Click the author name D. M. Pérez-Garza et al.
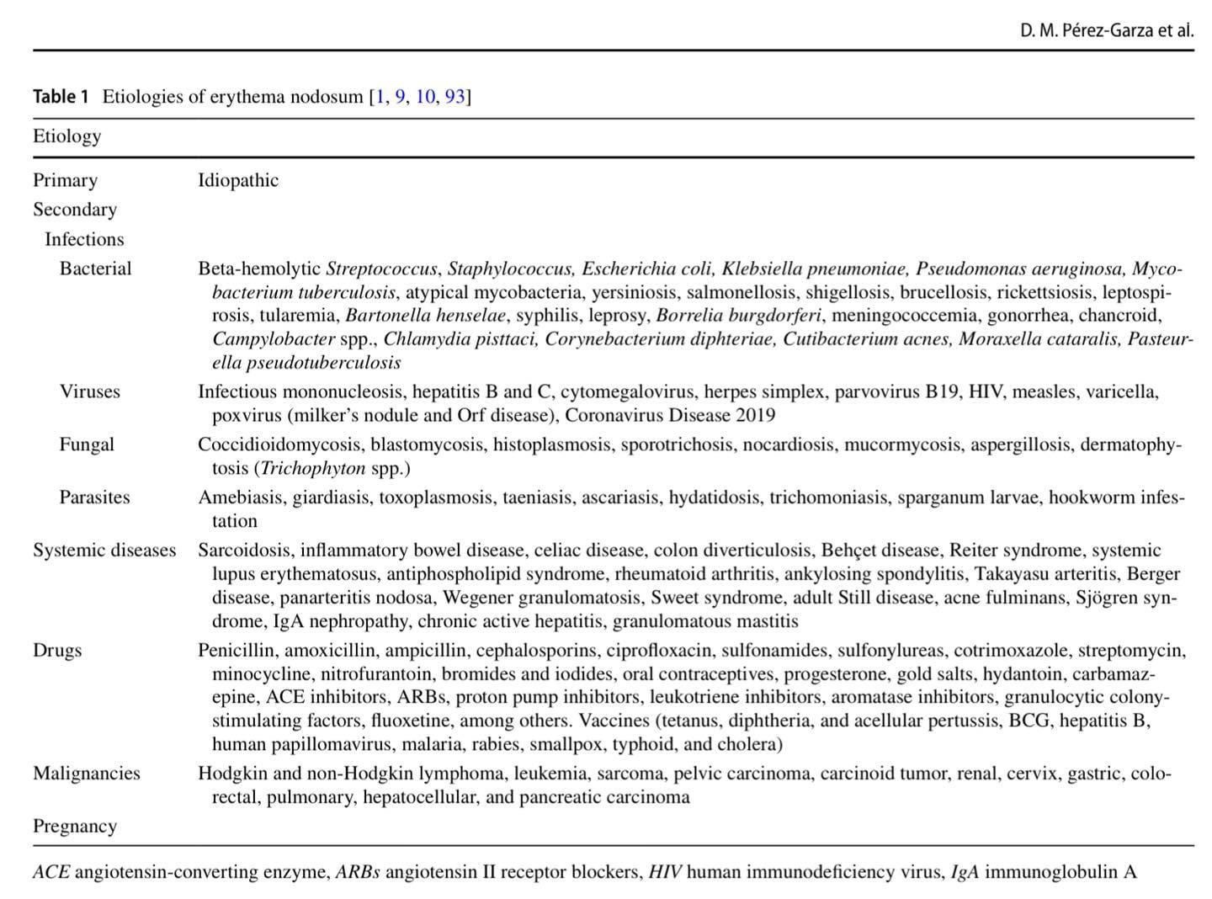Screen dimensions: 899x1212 (1106, 31)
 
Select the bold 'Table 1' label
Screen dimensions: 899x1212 (61, 97)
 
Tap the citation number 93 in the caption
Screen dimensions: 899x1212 (454, 97)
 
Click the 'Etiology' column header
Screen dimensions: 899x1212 (66, 136)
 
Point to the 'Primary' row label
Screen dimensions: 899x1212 (65, 180)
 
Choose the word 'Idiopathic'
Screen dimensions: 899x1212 (238, 180)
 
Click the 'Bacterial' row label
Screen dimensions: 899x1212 (95, 269)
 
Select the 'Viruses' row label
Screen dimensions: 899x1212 (89, 391)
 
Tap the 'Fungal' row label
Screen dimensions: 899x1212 (87, 444)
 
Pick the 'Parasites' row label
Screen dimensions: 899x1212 (94, 497)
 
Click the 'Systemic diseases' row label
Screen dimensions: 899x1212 (104, 551)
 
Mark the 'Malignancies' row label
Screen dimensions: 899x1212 (86, 774)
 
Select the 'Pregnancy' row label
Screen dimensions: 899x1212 (75, 827)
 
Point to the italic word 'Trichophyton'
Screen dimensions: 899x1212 (313, 468)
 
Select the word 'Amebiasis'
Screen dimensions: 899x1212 (242, 497)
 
